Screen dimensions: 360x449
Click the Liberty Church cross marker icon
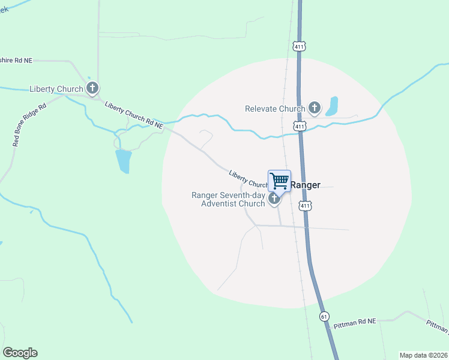(92, 89)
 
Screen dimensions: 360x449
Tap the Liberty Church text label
(56, 89)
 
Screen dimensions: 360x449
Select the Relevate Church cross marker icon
(314, 108)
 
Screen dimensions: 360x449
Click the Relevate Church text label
(275, 109)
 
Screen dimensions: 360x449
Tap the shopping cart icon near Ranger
(279, 181)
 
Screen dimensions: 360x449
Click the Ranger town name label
(306, 185)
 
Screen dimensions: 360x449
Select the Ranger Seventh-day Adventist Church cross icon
(274, 199)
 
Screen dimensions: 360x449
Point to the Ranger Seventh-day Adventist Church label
(228, 199)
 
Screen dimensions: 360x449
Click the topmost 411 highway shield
(299, 46)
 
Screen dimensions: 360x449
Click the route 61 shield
(325, 316)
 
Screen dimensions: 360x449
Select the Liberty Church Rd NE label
(133, 115)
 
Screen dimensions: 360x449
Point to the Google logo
(20, 353)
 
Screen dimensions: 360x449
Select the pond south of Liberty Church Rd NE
(123, 161)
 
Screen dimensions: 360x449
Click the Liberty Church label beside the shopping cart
(248, 178)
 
